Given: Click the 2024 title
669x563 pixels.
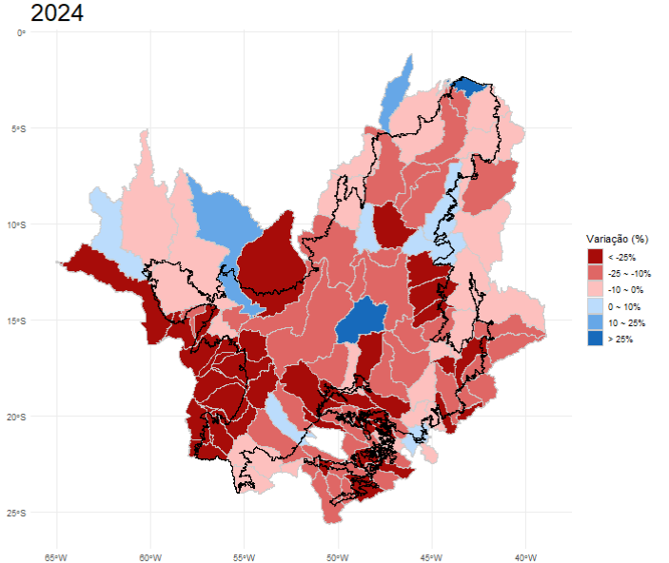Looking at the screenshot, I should click(x=56, y=13).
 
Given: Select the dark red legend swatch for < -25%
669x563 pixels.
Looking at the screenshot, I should click(x=595, y=257).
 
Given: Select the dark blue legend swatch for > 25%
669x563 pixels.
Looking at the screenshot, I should click(x=595, y=340).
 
